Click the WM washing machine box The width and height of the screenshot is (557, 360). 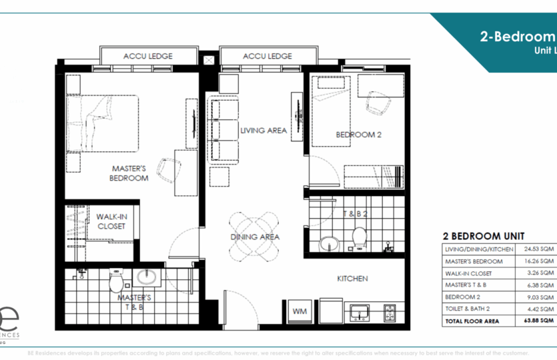point(299,311)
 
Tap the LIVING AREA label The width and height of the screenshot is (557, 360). point(263,131)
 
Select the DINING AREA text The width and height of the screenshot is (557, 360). point(255,237)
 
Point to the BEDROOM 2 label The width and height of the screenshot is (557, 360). point(358,135)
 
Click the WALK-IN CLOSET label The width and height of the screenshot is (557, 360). point(111,221)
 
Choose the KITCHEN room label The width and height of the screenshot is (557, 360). point(352,278)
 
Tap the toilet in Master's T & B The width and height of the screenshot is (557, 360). point(116,281)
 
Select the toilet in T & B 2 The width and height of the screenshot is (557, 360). point(360,238)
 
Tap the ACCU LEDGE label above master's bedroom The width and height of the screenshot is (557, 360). point(147,56)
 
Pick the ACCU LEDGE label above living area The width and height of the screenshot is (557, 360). point(267,56)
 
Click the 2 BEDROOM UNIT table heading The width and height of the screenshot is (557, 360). point(484,235)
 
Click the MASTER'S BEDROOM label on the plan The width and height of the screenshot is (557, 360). point(129,173)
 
